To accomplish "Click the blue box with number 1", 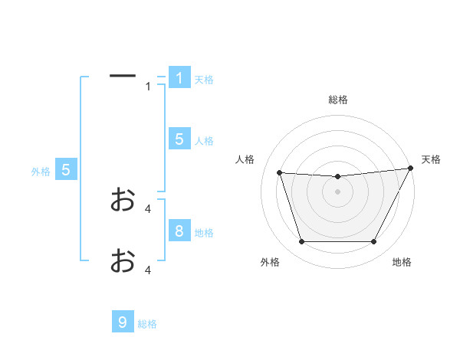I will click(x=179, y=78).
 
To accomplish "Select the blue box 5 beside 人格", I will click(x=179, y=139).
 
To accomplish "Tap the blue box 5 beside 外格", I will click(x=66, y=170).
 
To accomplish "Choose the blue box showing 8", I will click(x=179, y=231).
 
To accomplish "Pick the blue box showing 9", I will click(x=123, y=322).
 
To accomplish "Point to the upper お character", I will click(x=123, y=199).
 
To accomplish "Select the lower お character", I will click(x=123, y=260).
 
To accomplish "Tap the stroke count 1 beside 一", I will click(x=148, y=87).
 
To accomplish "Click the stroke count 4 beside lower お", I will click(x=148, y=270).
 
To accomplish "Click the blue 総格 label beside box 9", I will click(x=147, y=324).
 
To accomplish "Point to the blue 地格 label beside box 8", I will click(x=204, y=233).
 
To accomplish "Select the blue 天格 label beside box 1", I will click(x=204, y=80).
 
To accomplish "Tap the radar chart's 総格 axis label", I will click(x=338, y=100).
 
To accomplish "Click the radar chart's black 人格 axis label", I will click(x=245, y=159).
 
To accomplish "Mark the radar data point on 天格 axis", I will click(x=411, y=169).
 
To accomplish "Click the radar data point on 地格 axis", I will click(x=373, y=242).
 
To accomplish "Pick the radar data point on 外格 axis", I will click(x=301, y=242).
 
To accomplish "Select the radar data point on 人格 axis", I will click(x=280, y=173).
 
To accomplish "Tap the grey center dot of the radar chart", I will click(x=337, y=191).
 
